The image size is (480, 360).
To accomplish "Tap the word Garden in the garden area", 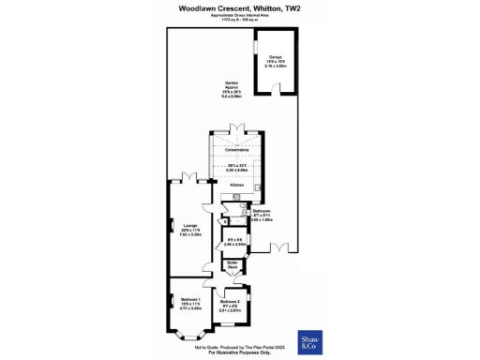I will coord(231,82).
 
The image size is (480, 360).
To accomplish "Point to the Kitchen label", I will coord(239,186).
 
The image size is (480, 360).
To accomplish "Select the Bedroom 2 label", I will coord(230,302).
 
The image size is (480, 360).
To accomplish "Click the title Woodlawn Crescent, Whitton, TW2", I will coord(240,7).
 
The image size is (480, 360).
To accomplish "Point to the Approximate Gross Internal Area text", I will coord(240,15).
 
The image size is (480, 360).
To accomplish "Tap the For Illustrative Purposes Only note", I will coord(240,352).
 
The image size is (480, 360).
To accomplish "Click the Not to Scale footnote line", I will coord(240,347).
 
